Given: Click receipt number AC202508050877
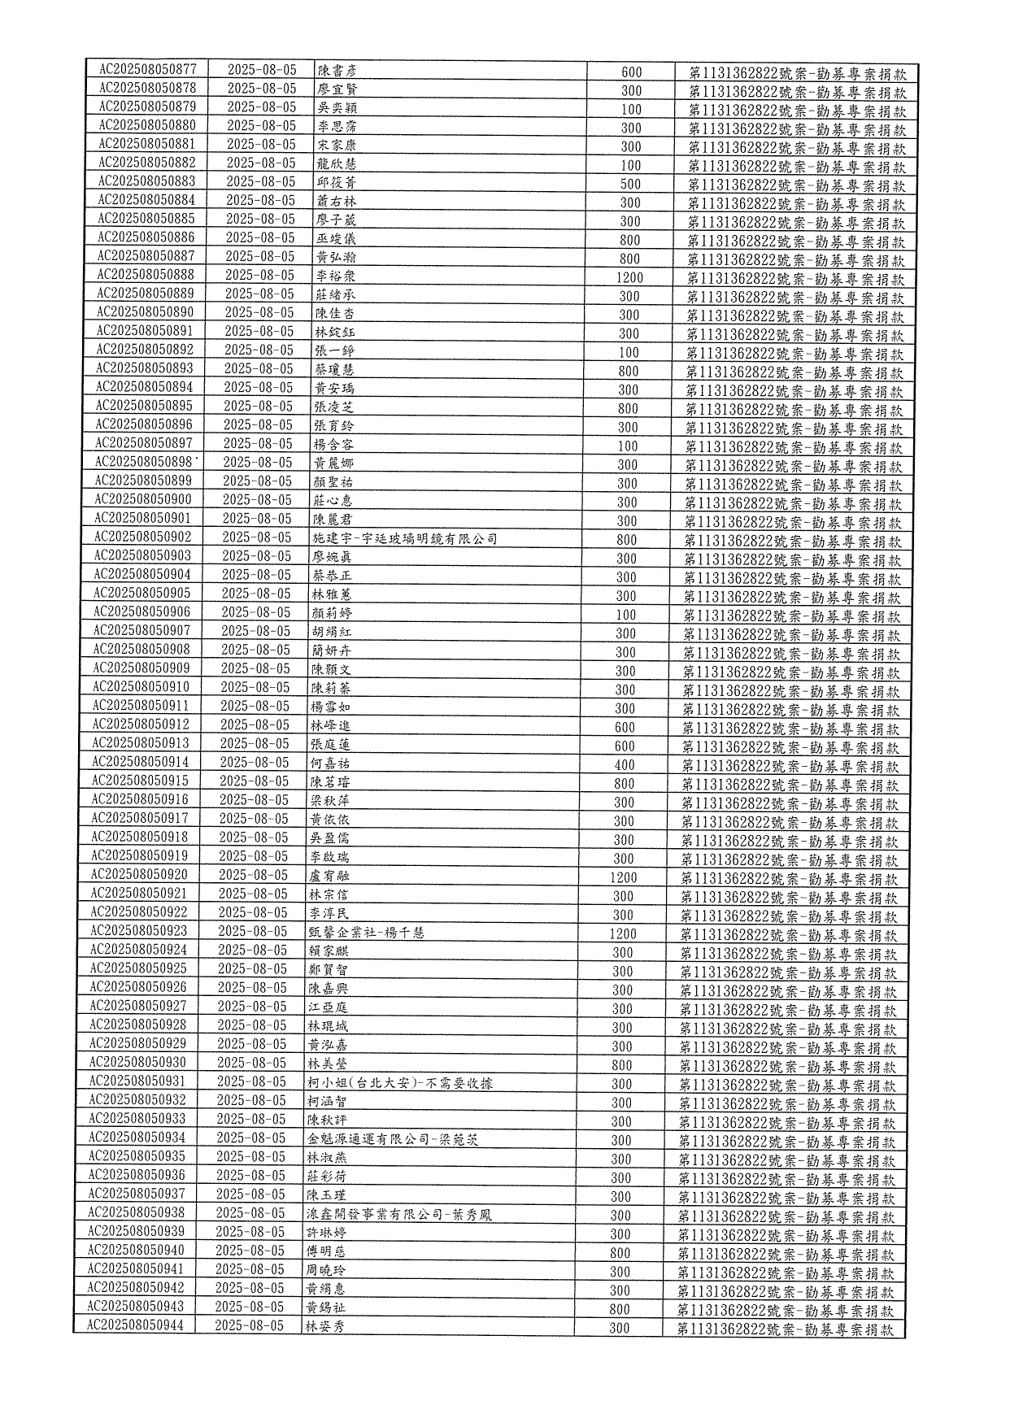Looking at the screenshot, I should tap(147, 69).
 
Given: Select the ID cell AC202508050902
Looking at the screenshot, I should tap(142, 537).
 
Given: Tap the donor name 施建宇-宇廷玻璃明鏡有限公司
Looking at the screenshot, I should tap(405, 539).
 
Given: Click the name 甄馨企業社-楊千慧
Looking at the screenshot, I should tap(366, 933).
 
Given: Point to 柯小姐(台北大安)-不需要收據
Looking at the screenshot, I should tap(400, 1083).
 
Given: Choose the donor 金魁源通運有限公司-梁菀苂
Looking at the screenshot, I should tap(393, 1139).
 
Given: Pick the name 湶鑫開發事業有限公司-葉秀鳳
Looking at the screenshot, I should tap(399, 1215).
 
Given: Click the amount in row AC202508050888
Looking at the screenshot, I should tap(629, 277).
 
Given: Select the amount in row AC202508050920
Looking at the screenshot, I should tap(624, 877).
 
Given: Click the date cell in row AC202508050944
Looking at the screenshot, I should tap(250, 1326).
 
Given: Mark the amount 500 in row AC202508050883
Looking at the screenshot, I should tap(630, 184).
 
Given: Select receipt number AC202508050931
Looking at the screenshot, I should tap(137, 1081).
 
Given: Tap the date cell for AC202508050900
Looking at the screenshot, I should tap(257, 499).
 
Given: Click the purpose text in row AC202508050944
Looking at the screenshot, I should tap(786, 1329).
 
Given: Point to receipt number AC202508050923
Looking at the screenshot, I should tap(138, 931).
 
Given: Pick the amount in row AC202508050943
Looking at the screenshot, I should tap(620, 1309).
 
